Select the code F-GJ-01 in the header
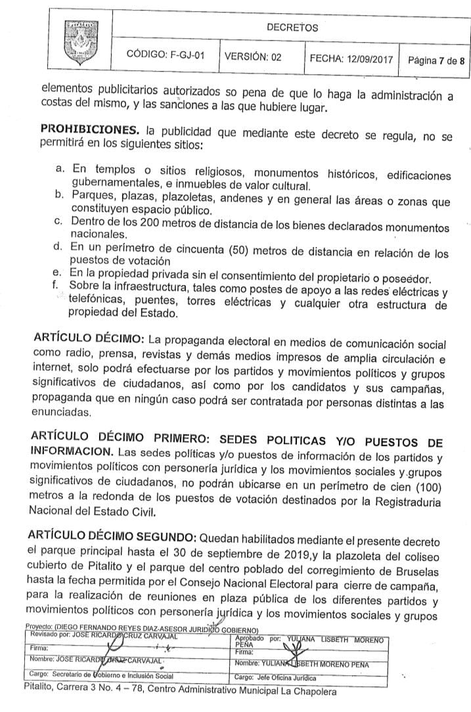coord(165,58)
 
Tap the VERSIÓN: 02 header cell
coord(253,58)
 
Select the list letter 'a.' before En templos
coord(60,169)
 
